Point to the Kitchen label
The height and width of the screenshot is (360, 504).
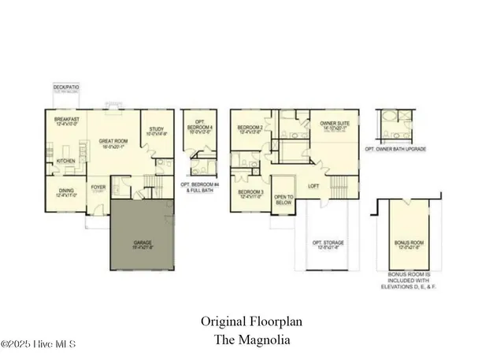click(65, 162)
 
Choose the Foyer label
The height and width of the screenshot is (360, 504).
click(98, 187)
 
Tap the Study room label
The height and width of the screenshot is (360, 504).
click(155, 131)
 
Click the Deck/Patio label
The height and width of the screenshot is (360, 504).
click(63, 87)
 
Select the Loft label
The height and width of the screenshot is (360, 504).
click(313, 186)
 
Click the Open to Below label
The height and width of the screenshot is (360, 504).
click(283, 199)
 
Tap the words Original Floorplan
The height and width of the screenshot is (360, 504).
click(251, 321)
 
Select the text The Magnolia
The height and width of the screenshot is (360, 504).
click(251, 340)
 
